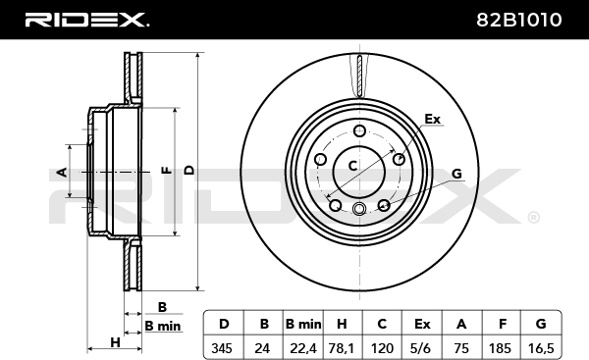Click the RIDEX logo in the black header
coord(86,20)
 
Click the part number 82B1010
coord(518,20)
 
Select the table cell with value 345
coord(224,348)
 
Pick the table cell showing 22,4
coord(302,348)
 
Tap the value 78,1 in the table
coord(342,348)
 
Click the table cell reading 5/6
coord(421,348)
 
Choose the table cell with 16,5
coord(541,348)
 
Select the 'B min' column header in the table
coord(302,323)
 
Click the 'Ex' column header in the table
coord(422,323)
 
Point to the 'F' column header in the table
coord(503,323)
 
